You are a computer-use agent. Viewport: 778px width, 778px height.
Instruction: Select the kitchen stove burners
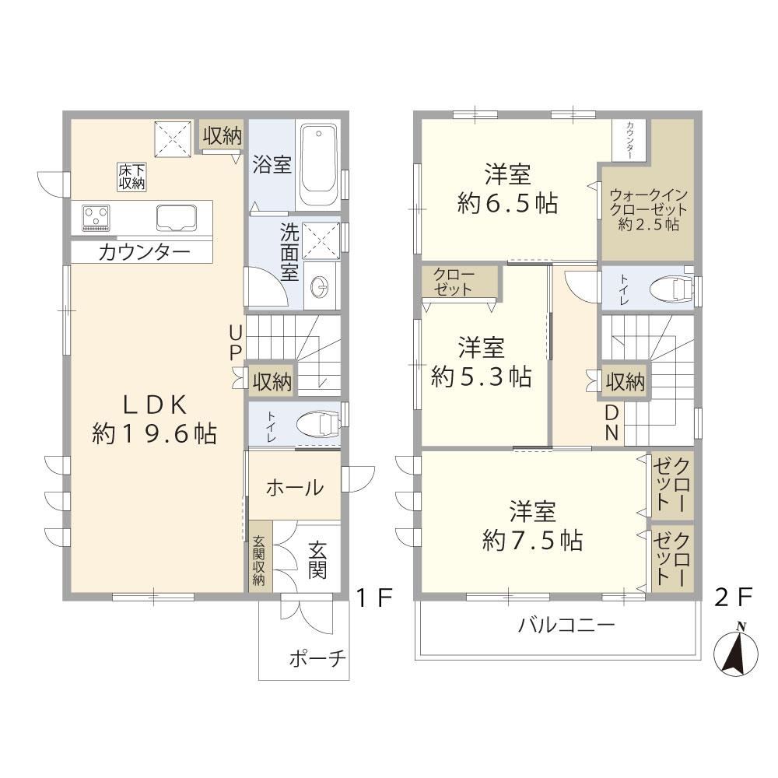coord(96,218)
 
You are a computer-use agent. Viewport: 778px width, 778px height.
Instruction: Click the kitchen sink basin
coord(177,218)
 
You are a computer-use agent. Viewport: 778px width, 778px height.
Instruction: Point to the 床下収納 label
coord(131,177)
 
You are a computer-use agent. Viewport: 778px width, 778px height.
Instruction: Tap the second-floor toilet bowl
coord(671,289)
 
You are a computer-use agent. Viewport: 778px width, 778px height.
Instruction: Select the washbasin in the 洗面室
coord(320,286)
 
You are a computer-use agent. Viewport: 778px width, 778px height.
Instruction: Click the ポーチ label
coord(317,658)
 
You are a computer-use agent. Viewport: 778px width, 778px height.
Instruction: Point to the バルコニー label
coord(566,625)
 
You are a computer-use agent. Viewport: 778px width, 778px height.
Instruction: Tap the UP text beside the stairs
coord(236,342)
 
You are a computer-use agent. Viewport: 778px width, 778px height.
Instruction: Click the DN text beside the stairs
coord(612,422)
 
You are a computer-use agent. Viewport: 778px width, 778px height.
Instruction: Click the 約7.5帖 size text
coord(532,541)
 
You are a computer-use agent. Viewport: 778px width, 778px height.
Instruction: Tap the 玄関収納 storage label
coord(258,560)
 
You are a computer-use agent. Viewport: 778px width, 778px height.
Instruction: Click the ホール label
coord(295,489)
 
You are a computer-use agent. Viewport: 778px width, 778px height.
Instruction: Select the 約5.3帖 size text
coord(482,377)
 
